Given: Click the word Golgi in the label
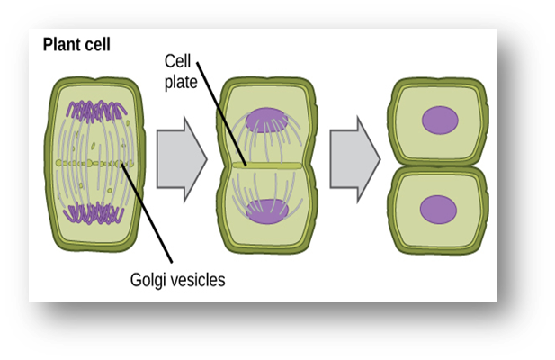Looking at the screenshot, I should (x=148, y=279).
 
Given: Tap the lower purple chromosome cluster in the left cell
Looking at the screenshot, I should (x=99, y=214).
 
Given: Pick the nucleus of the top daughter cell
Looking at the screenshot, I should (x=439, y=120).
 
